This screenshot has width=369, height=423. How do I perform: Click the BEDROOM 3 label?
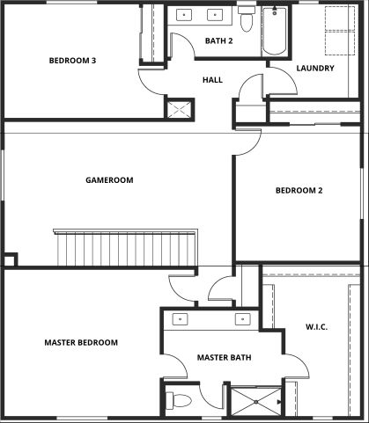(x=72, y=61)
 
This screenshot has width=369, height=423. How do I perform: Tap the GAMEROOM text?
(x=109, y=180)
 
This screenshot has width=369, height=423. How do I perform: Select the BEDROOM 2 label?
(x=299, y=191)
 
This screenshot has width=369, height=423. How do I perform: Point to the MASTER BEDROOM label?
(x=81, y=342)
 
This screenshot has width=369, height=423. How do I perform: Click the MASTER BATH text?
(x=224, y=358)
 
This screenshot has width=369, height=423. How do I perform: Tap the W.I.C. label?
(x=317, y=327)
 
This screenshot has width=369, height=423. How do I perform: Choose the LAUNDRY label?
(x=315, y=69)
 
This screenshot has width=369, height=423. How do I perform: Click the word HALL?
(x=212, y=80)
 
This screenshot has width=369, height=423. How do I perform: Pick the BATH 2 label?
(x=219, y=40)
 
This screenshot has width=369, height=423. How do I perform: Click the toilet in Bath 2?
(x=247, y=18)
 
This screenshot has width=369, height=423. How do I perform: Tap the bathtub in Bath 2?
(x=274, y=32)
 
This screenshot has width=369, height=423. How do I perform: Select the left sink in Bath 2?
(x=184, y=15)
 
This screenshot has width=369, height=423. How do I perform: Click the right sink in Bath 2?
(x=215, y=15)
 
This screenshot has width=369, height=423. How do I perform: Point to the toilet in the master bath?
(x=179, y=401)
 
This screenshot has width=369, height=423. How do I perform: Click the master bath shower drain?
(x=256, y=402)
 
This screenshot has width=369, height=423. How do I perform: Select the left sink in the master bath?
(x=180, y=319)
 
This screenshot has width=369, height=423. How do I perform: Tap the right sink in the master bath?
(x=243, y=319)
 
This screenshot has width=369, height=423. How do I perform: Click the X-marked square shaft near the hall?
(x=179, y=109)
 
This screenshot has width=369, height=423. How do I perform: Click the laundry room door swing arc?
(x=289, y=77)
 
